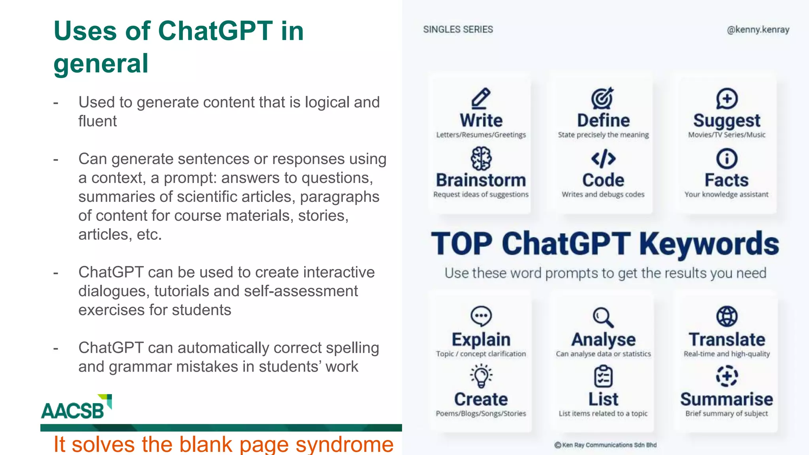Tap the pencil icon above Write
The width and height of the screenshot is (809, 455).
coord(481,98)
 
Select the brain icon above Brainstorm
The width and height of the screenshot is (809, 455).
coord(481,158)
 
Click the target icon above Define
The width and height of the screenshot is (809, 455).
coord(602,98)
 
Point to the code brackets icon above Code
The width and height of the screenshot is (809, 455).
coord(603,159)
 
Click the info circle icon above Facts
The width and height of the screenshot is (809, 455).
coord(726,159)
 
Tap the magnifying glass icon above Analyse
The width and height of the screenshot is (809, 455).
coord(603,317)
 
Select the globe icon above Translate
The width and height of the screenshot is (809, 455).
coord(726,316)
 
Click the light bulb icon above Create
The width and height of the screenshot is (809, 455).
coord(481,376)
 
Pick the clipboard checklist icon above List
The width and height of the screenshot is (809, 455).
coord(603,376)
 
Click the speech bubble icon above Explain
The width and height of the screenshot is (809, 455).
coord(481,316)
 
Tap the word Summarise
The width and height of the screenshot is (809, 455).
coord(726,399)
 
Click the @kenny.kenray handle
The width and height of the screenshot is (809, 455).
coord(758,30)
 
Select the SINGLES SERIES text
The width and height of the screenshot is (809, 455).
coord(458,30)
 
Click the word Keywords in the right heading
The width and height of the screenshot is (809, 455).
coord(709,244)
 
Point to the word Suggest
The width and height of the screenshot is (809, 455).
coord(726,121)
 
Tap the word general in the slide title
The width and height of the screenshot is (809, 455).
coord(101,64)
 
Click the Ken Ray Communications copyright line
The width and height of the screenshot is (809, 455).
coord(605,445)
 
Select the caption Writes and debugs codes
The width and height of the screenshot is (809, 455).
coord(603,194)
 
